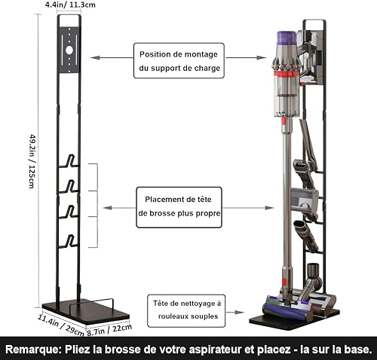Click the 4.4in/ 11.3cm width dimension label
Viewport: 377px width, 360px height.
coord(70,5)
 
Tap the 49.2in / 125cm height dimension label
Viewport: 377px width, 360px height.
coord(32,161)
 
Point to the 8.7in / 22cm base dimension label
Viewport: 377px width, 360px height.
coord(109,330)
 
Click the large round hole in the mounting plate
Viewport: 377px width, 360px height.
coord(69,50)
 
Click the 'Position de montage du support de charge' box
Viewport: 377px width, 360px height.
coord(179,60)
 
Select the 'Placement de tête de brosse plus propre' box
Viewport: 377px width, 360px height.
coord(179,207)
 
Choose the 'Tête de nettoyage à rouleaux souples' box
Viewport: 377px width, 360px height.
coord(186,311)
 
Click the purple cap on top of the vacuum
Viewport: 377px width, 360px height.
coord(287,38)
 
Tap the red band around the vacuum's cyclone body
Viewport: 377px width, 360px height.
coord(287,75)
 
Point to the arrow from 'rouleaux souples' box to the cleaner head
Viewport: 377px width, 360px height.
coord(234,313)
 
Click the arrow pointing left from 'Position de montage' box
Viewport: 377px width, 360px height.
coord(112,58)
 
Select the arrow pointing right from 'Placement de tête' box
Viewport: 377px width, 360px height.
coord(248,208)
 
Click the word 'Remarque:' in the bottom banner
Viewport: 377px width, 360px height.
coord(33,349)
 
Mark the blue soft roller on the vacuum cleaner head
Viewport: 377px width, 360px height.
coord(285,311)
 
